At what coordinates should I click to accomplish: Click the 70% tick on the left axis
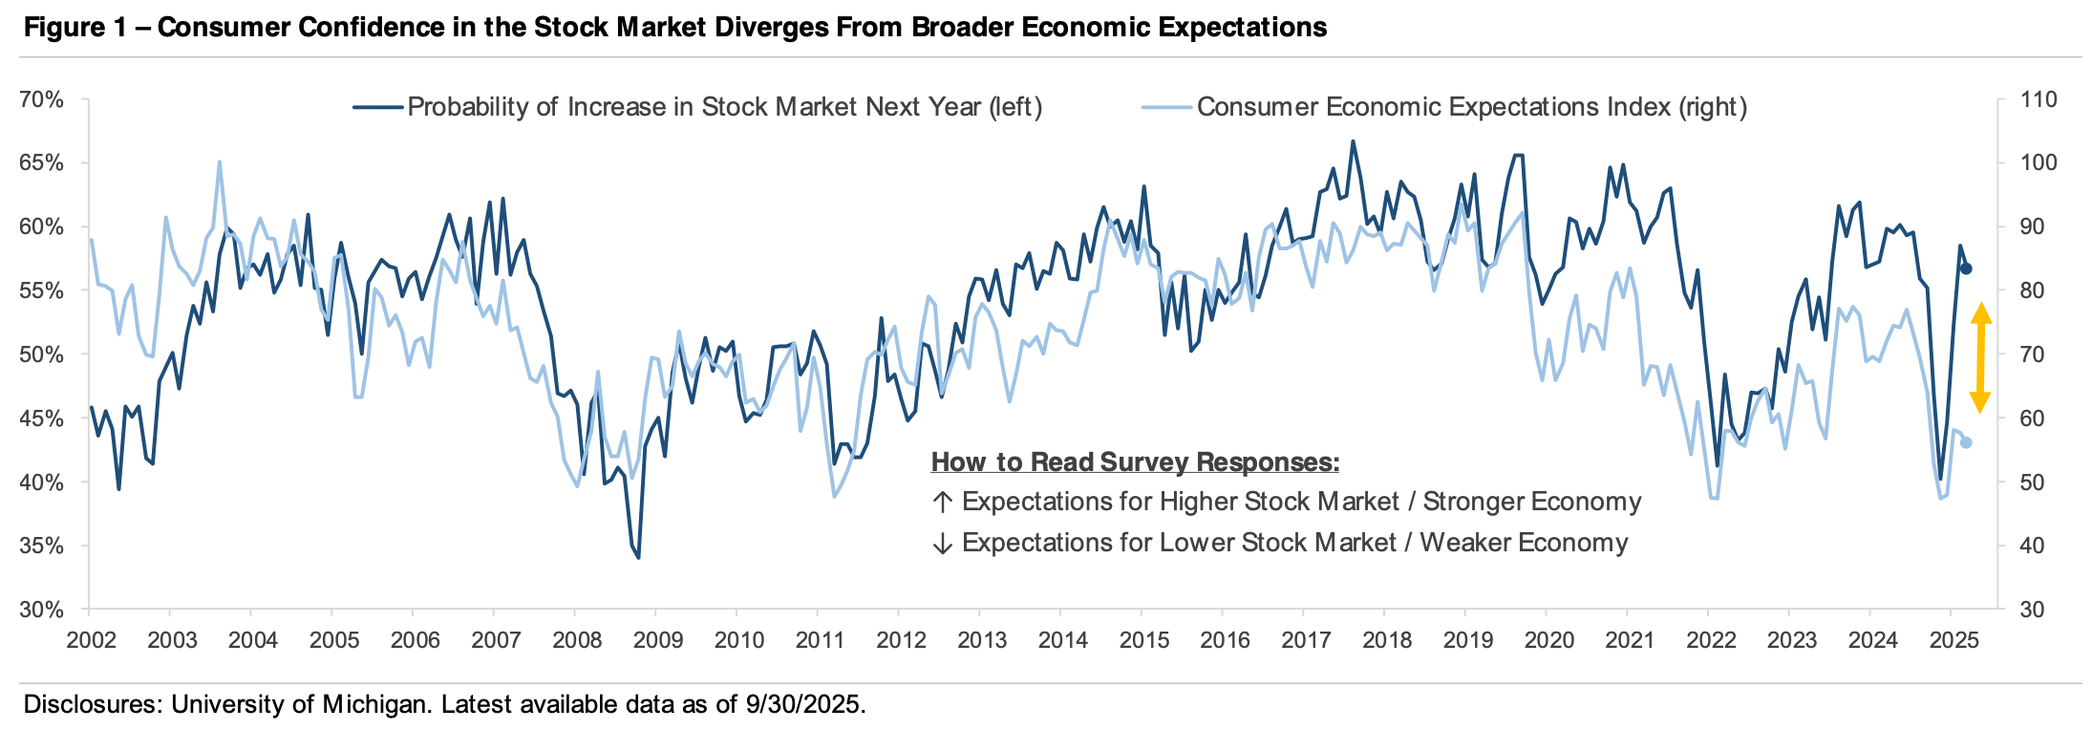42,100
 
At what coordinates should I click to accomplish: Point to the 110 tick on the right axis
2039,100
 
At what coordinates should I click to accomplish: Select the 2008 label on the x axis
577,640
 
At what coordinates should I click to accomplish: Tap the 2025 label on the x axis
1953,640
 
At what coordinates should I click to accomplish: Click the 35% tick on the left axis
42,547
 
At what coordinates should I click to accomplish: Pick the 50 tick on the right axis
2032,483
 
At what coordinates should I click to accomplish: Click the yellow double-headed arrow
1980,357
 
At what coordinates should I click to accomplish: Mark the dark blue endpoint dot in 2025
1966,269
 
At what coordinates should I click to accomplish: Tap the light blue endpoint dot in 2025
1966,442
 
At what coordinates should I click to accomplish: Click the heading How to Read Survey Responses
1135,462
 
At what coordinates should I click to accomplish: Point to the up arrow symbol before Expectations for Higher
943,503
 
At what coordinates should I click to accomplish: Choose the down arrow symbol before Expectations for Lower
943,544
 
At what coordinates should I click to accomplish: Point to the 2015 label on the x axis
1143,640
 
